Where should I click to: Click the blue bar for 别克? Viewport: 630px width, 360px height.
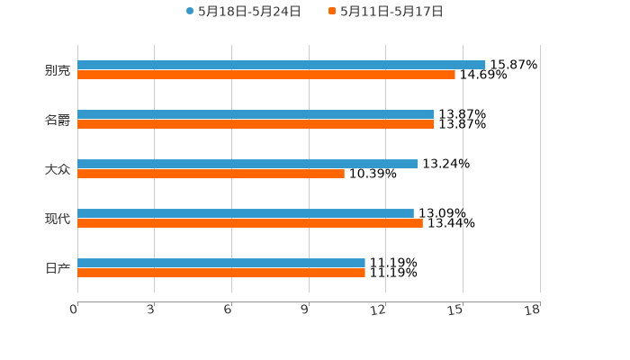(281, 65)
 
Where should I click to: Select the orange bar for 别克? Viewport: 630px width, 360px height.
(265, 75)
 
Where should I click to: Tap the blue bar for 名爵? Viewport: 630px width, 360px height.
(256, 114)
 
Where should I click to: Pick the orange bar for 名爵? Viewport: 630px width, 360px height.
(256, 124)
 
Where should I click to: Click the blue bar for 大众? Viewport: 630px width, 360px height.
(247, 164)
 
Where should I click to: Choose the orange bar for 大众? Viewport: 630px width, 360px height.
(211, 174)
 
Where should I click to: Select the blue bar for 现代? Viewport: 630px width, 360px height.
(246, 213)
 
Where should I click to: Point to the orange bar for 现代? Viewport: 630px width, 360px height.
(249, 223)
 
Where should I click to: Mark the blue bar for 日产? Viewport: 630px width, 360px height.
(220, 263)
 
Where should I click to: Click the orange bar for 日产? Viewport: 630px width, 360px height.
(220, 273)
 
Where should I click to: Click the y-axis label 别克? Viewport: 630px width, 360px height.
(58, 70)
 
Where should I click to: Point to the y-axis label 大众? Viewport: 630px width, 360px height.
(58, 169)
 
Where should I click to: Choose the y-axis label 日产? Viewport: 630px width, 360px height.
(58, 268)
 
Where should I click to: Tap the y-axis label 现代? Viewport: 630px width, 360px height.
(58, 219)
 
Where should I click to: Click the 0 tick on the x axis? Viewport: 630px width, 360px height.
(75, 310)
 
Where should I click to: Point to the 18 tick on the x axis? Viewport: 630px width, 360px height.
(533, 310)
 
